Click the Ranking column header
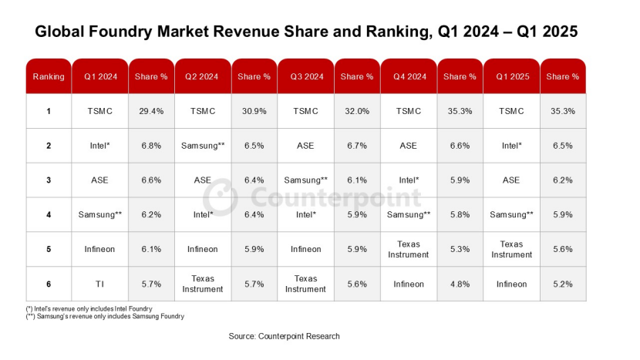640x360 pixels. [49, 76]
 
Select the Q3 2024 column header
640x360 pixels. [305, 76]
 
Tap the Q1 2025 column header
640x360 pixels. [511, 76]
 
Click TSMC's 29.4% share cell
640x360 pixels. [151, 111]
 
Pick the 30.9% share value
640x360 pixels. [254, 111]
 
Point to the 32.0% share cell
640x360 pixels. [356, 111]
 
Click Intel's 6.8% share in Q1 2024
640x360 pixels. [151, 146]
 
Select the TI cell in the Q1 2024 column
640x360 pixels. [99, 284]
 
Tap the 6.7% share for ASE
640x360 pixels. [356, 146]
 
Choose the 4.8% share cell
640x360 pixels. [460, 284]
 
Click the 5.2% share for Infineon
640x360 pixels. [562, 284]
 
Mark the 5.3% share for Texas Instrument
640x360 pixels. [460, 249]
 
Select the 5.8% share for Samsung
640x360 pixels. [460, 214]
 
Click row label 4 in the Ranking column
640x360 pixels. [49, 214]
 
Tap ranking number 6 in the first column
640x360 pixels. [49, 284]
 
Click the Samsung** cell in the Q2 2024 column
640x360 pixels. [203, 146]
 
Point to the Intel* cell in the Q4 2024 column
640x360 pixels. [408, 180]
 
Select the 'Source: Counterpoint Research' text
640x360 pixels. [284, 336]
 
